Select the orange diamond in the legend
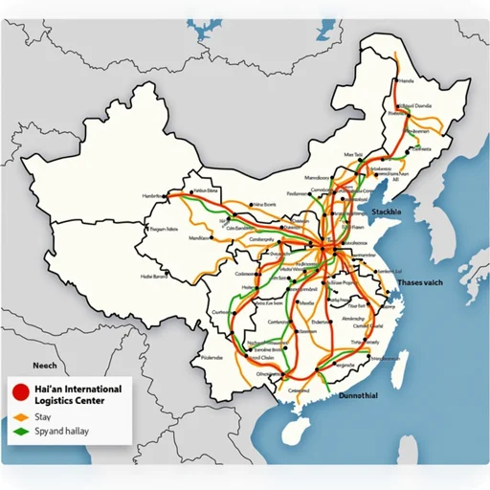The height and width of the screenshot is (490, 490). click(19, 418)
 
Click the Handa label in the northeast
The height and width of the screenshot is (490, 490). click(407, 81)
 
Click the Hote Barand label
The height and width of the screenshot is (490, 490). click(153, 277)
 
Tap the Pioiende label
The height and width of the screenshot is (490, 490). click(214, 358)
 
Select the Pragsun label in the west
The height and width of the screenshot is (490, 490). click(164, 230)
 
